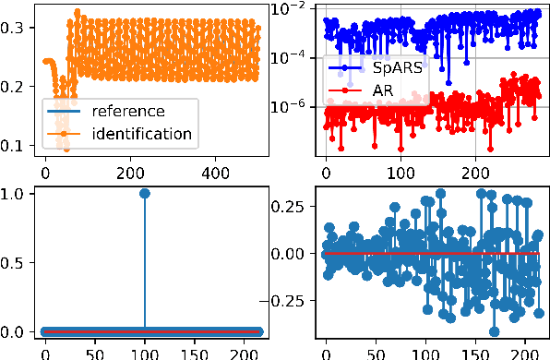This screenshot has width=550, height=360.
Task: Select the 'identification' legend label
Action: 142,134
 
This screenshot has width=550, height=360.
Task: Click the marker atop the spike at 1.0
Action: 145,193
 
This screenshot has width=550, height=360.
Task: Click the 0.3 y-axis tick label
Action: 17,28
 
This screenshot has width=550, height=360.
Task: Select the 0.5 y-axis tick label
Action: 17,261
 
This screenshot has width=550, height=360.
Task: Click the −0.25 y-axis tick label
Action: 286,301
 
